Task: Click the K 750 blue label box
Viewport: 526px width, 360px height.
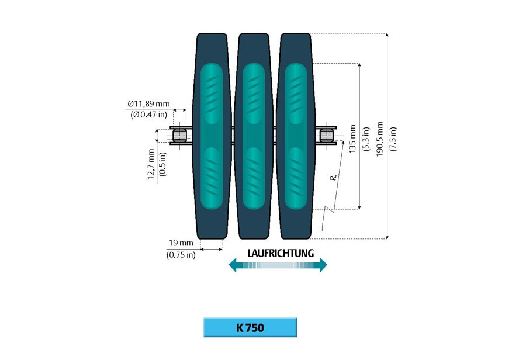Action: coord(250,327)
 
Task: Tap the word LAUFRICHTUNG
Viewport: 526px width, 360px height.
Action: coord(281,253)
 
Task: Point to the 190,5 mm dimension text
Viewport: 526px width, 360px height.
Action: coord(379,139)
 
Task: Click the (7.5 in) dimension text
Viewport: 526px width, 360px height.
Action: coord(393,139)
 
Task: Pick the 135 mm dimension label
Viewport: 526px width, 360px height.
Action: coord(352,139)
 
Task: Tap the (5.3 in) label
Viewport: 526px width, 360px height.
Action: coord(366,139)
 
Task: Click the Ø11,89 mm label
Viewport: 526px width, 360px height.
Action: coord(148,103)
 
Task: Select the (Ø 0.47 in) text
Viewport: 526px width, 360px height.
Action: coord(148,115)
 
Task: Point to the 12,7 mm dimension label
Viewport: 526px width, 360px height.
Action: coord(151,164)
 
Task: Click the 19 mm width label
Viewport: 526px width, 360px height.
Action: coord(181,243)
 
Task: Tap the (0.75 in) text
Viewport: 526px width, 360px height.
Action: coord(181,255)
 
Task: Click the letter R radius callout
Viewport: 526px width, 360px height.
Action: coord(333,178)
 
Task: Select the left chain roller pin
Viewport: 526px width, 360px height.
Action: coord(179,136)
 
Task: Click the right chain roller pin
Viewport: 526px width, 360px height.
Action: coord(326,136)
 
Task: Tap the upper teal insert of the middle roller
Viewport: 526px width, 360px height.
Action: coord(254,94)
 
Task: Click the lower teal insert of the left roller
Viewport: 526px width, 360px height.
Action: coord(212,178)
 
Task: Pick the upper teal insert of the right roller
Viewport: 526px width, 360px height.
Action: coord(296,94)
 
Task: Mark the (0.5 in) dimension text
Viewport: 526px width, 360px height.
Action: coord(162,164)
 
